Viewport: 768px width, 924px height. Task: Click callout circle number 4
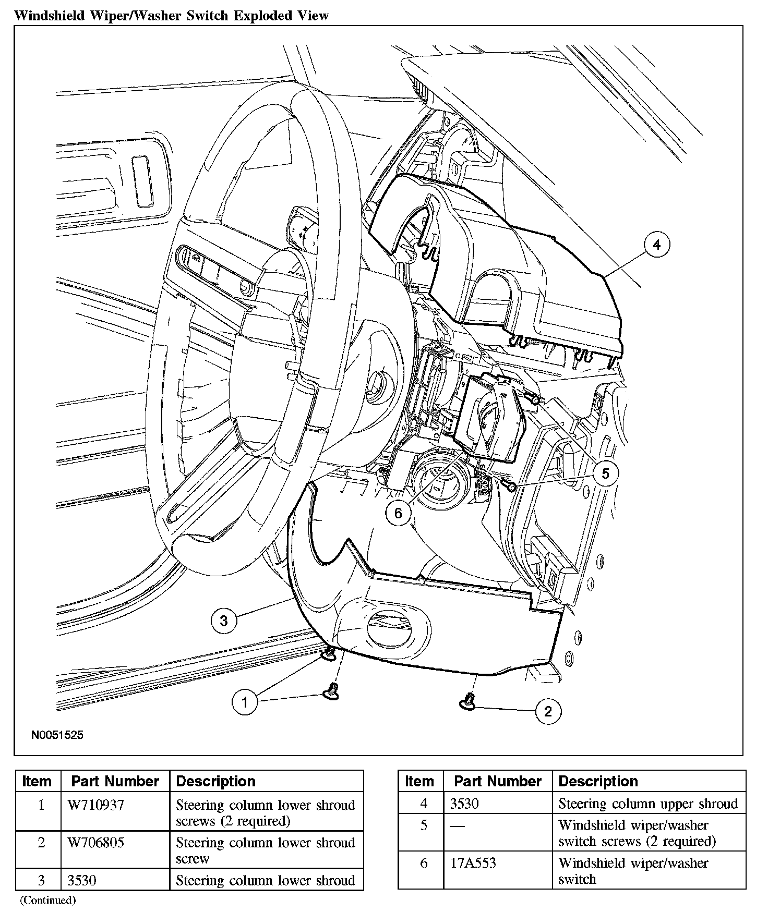656,245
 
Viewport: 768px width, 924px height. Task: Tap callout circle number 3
224,621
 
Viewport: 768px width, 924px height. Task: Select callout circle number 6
398,513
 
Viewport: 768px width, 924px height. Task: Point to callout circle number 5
605,473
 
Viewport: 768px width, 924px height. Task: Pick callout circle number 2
548,711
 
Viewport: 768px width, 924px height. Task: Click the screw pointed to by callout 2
468,702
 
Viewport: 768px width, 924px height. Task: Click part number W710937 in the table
96,806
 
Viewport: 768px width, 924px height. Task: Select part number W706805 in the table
96,843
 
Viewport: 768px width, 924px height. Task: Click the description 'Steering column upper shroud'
648,804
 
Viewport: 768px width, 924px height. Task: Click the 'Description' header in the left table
216,782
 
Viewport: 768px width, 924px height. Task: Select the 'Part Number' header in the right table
498,781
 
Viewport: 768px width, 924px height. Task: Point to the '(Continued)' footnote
48,901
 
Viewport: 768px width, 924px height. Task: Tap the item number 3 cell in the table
41,881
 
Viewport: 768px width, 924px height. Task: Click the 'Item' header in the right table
419,781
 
